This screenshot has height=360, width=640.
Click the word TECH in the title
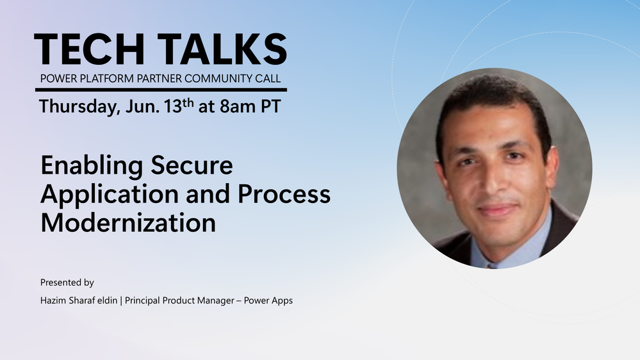90,49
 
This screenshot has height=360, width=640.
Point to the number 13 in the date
173,106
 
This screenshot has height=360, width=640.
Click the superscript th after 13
188,102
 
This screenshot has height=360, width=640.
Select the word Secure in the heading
192,166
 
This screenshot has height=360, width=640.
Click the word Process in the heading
284,194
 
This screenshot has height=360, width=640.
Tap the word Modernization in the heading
128,223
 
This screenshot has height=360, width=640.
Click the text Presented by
67,282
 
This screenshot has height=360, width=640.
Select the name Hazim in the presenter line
53,300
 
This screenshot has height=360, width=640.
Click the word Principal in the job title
142,301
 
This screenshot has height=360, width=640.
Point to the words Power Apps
268,301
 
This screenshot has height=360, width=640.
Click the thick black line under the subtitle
161,90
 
